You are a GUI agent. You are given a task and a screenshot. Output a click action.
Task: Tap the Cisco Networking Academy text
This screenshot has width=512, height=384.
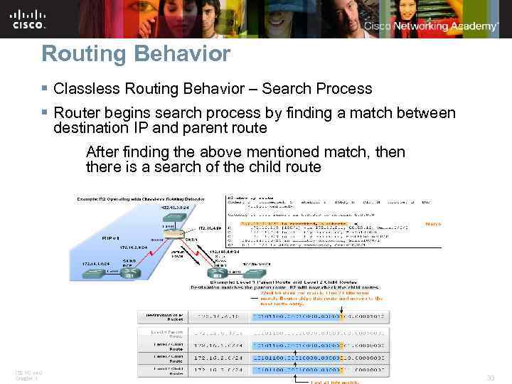431,26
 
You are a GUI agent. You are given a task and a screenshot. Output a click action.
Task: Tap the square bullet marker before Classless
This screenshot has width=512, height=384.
44,89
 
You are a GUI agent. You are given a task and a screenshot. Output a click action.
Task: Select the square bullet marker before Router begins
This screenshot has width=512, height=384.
44,112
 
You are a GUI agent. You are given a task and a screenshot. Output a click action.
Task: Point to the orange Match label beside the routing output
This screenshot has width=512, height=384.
432,224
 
